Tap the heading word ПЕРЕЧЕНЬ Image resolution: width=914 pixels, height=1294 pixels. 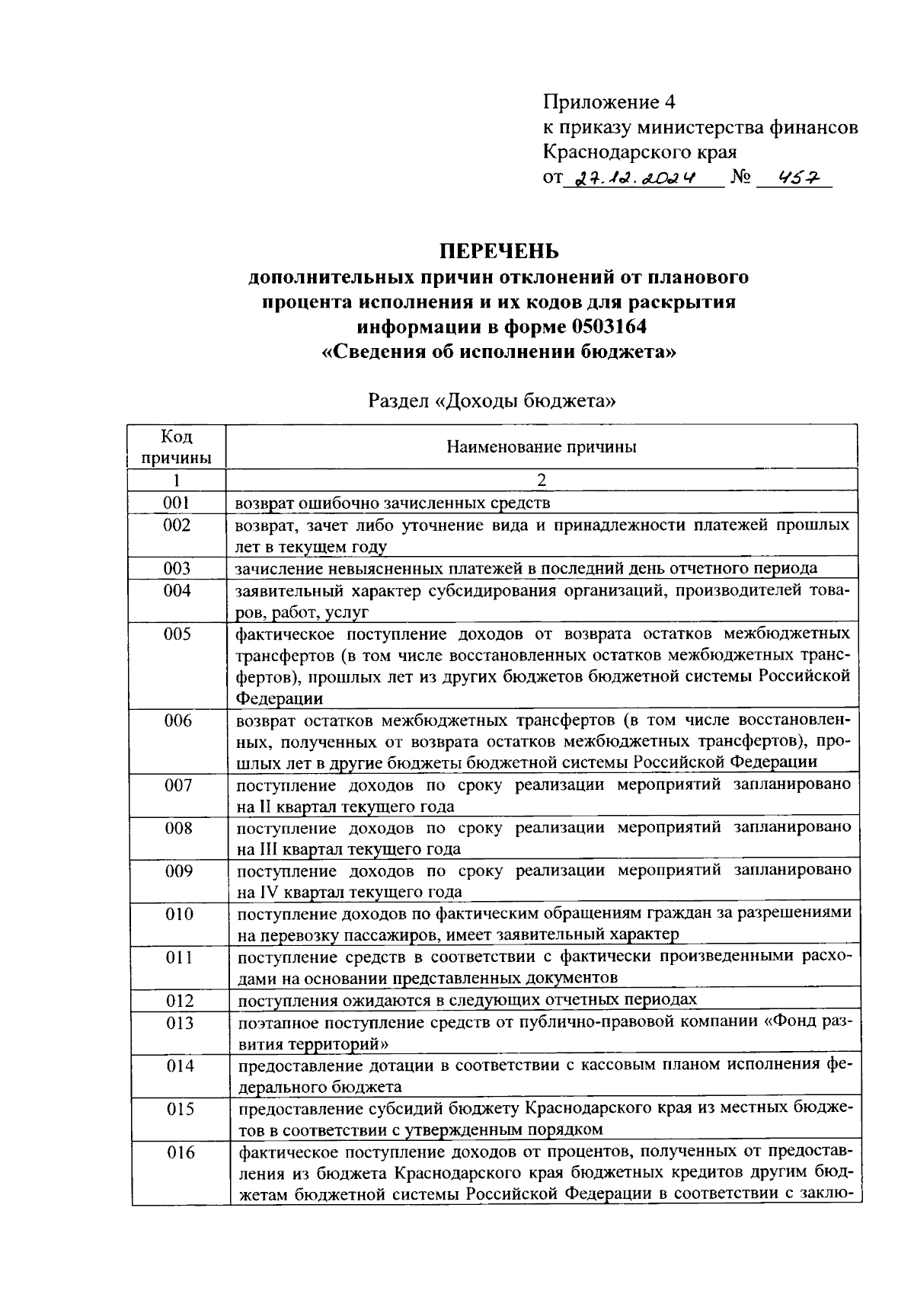click(x=498, y=251)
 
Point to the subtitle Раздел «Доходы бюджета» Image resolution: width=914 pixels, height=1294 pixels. click(x=491, y=401)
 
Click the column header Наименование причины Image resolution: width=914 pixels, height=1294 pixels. click(x=541, y=447)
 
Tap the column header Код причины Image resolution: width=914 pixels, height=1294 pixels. click(x=177, y=447)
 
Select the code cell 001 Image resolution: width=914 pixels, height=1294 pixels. click(x=177, y=503)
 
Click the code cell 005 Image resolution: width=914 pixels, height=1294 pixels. click(x=177, y=634)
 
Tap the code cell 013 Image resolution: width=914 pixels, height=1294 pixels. click(x=179, y=1023)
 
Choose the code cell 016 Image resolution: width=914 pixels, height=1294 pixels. click(x=180, y=1153)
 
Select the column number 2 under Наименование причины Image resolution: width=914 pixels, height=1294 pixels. click(x=542, y=481)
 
